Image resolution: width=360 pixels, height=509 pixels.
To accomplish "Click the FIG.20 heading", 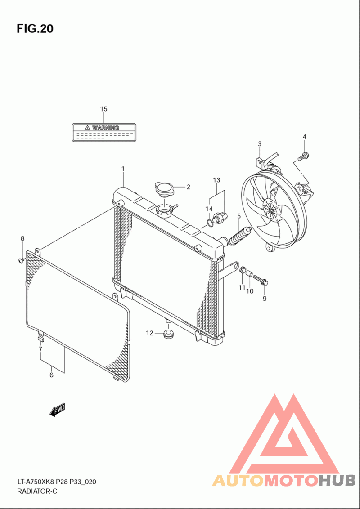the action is pyautogui.click(x=35, y=29).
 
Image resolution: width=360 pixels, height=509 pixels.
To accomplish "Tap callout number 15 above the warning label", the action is pyautogui.click(x=103, y=109).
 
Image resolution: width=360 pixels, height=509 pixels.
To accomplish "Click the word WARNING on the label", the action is pyautogui.click(x=105, y=128).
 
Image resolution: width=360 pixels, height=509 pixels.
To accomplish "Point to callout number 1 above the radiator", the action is pyautogui.click(x=122, y=169).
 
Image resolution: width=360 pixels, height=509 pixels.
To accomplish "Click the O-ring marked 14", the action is pyautogui.click(x=210, y=222).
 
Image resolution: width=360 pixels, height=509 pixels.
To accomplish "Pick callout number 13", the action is pyautogui.click(x=216, y=180).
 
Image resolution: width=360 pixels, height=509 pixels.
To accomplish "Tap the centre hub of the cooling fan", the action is pyautogui.click(x=271, y=210).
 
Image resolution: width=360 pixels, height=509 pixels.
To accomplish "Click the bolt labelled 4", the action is pyautogui.click(x=304, y=156).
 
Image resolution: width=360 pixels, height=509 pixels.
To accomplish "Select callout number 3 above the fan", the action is pyautogui.click(x=260, y=144).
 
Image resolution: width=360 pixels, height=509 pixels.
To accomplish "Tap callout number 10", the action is pyautogui.click(x=250, y=291).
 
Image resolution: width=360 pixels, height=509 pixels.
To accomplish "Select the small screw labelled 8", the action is pyautogui.click(x=21, y=260).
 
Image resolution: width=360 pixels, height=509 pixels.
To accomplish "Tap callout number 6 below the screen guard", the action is pyautogui.click(x=51, y=375).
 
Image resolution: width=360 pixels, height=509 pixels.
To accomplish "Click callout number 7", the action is pyautogui.click(x=40, y=349).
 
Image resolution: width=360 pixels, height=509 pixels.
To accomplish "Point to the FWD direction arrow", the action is pyautogui.click(x=58, y=410).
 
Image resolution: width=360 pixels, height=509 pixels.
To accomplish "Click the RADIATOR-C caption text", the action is pyautogui.click(x=37, y=491).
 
